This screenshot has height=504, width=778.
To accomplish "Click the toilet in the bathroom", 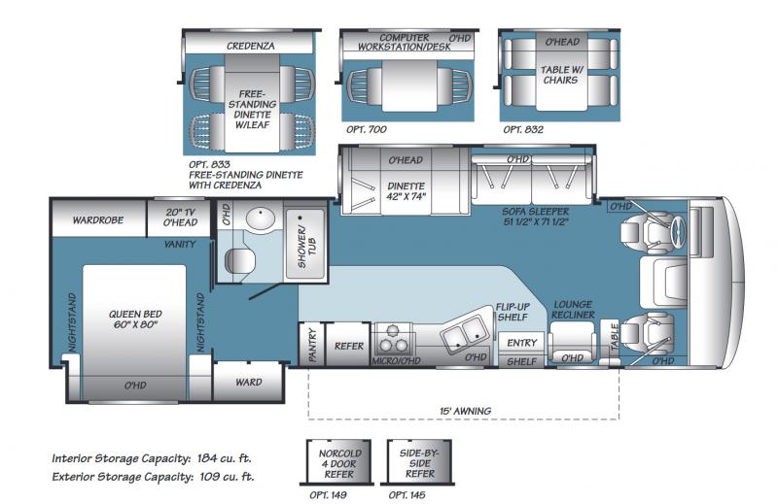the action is pyautogui.click(x=239, y=260).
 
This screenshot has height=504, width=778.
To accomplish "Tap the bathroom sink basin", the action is pyautogui.click(x=261, y=218).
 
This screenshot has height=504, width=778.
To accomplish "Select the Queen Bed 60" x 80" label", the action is pyautogui.click(x=135, y=319).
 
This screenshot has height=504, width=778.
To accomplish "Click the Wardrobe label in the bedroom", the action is pyautogui.click(x=98, y=220).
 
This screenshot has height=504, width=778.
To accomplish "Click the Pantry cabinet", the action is pyautogui.click(x=312, y=345).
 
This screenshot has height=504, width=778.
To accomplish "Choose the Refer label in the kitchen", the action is pyautogui.click(x=349, y=346).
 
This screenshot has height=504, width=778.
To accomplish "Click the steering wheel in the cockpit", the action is pyautogui.click(x=678, y=230).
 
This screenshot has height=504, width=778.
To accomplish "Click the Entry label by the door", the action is pyautogui.click(x=521, y=343).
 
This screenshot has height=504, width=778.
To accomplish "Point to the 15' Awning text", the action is pyautogui.click(x=465, y=411).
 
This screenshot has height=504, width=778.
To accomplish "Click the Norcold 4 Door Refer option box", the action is pyautogui.click(x=339, y=461).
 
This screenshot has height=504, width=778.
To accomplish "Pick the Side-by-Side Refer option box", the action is pyautogui.click(x=420, y=461).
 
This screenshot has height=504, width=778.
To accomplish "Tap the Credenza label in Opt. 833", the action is pyautogui.click(x=250, y=46).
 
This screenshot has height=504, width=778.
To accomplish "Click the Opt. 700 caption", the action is pyautogui.click(x=367, y=129).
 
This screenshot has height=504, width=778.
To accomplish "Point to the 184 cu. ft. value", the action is pyautogui.click(x=225, y=458).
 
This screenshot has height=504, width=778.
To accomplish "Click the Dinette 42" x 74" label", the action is pyautogui.click(x=406, y=190).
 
